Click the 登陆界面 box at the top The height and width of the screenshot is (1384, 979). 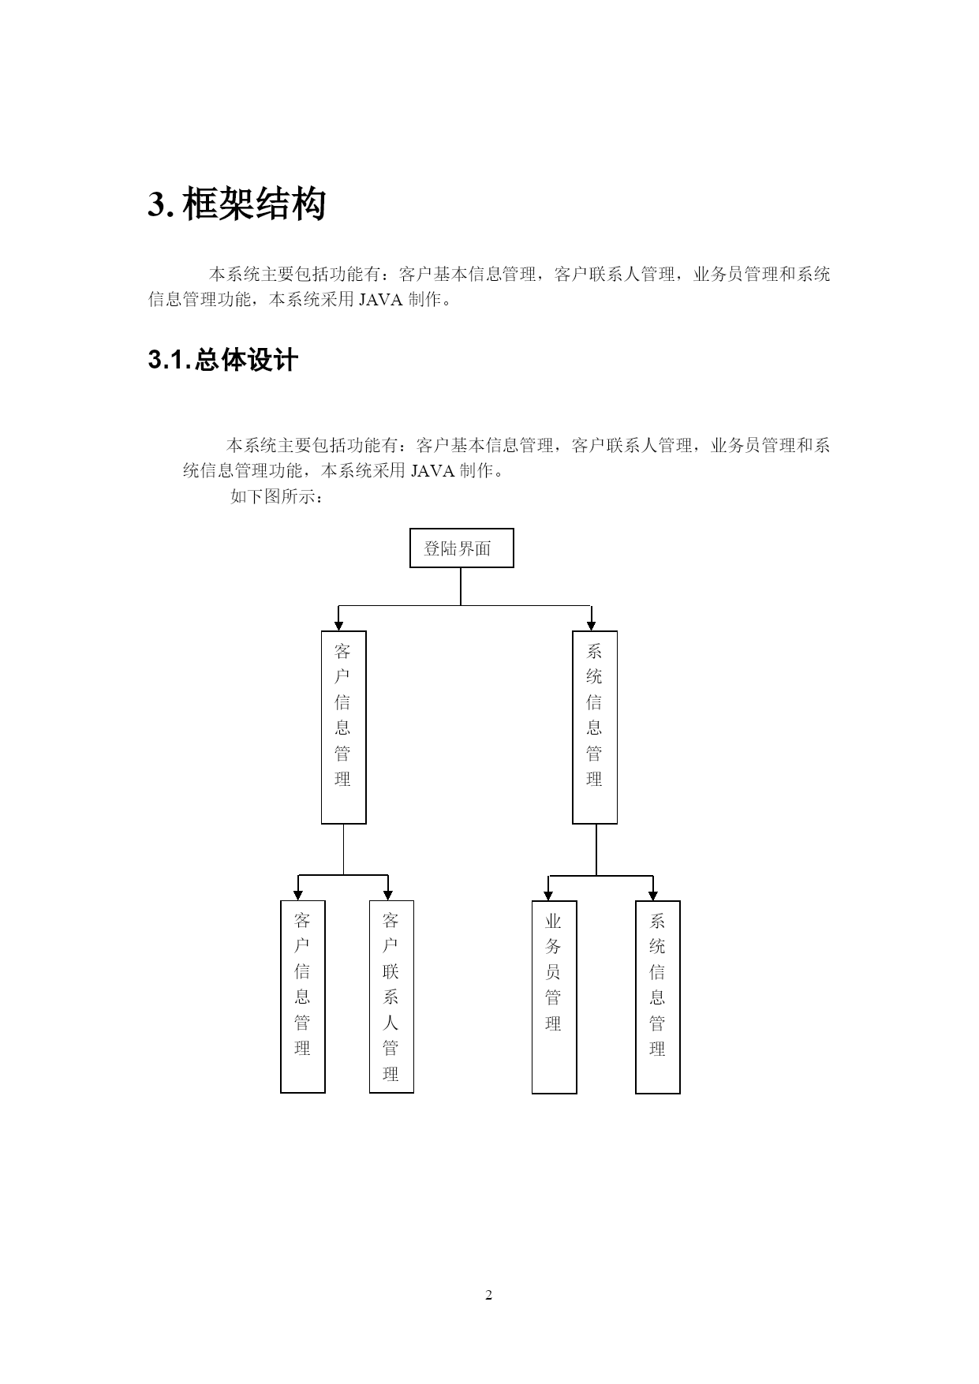461,548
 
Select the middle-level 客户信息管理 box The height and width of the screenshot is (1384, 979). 344,727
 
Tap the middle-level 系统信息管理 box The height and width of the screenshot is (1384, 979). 595,727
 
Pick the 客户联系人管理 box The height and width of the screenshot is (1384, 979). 391,997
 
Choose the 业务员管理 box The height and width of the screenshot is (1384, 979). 554,997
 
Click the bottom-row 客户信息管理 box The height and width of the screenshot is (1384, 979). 303,997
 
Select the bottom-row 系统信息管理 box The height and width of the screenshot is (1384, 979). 658,997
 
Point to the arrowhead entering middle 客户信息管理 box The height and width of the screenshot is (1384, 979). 338,626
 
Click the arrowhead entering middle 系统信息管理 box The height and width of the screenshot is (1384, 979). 591,626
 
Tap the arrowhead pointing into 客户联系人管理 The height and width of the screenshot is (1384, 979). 388,896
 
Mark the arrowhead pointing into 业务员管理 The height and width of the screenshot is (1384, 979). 549,896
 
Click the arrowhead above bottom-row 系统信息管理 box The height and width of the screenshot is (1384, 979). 653,896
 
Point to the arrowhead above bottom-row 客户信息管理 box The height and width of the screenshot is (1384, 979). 297,896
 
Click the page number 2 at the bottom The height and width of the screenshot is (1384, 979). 488,1295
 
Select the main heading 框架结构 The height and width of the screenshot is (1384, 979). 254,205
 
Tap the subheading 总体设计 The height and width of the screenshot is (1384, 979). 245,361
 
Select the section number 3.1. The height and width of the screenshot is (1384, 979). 170,361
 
